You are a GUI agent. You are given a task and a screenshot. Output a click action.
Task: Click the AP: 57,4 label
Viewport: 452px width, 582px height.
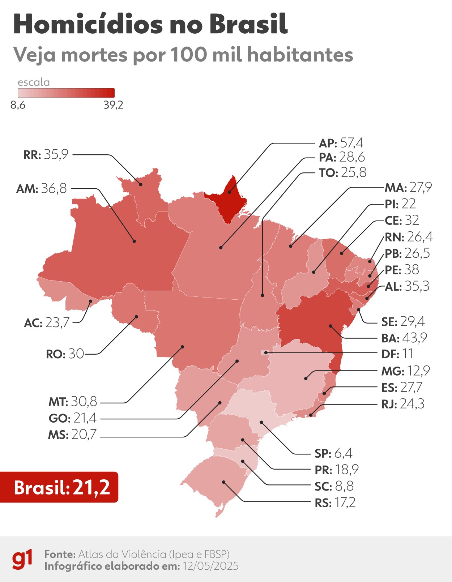341,143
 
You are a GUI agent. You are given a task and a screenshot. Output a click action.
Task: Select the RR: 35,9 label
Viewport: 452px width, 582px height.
46,155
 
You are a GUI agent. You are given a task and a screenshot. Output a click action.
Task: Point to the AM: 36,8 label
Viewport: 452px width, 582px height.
42,188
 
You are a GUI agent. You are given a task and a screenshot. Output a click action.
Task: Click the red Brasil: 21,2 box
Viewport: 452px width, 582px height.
59,487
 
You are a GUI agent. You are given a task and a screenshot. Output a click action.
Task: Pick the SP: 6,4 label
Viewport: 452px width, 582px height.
333,453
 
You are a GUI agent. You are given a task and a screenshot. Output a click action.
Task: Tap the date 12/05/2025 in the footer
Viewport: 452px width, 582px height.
210,566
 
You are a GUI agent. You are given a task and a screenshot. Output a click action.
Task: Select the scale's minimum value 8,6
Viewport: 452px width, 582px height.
18,105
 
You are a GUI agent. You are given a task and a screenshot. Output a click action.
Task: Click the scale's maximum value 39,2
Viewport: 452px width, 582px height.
113,105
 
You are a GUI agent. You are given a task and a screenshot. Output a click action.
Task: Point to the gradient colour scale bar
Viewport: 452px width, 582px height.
66,93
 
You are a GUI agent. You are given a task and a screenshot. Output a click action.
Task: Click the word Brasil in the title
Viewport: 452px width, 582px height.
248,24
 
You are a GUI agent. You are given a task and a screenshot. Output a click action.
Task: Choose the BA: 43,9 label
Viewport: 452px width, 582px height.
404,338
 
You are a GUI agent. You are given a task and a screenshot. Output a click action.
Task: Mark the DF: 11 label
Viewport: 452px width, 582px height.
397,354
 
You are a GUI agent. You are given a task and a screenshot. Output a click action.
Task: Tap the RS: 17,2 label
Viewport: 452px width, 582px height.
335,502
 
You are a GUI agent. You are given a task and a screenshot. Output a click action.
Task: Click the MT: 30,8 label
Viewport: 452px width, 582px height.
73,401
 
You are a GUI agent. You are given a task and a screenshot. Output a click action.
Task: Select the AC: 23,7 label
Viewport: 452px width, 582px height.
47,322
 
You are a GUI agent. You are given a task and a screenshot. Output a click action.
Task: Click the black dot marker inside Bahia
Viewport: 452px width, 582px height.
331,326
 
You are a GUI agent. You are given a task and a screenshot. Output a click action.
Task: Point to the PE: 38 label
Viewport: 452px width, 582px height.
401,270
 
